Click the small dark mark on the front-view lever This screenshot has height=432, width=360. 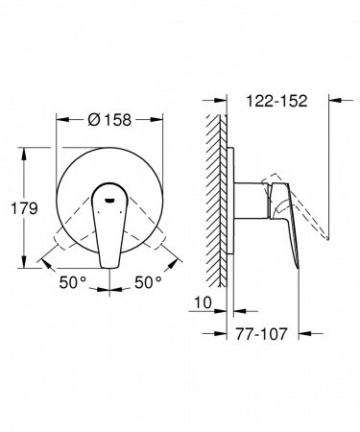coord(108,200)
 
